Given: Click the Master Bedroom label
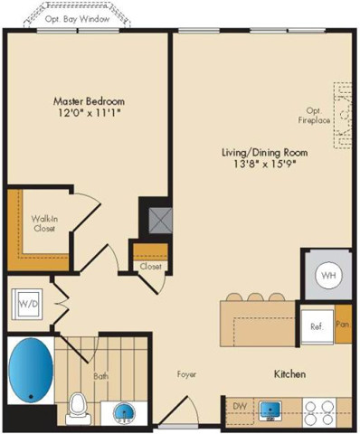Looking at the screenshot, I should tap(88, 100).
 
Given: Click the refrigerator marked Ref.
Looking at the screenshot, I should tap(316, 325).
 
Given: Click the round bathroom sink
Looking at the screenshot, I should tap(125, 412).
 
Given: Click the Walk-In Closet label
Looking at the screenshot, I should tap(43, 223).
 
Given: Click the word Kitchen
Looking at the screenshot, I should tap(289, 373).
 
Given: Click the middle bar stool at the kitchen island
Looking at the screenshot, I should tap(255, 297).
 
